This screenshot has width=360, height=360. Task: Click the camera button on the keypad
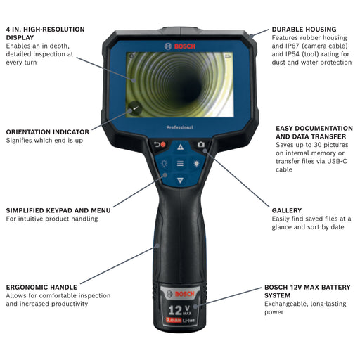201,145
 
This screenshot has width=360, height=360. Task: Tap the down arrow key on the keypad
180,180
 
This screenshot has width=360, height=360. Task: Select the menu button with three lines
180,163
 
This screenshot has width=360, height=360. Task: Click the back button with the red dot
160,145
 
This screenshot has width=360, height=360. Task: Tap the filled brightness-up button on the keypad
196,163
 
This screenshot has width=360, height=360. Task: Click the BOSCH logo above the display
180,46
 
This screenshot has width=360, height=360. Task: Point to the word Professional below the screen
180,127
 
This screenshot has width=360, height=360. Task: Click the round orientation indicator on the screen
135,108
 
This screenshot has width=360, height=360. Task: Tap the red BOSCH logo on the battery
181,294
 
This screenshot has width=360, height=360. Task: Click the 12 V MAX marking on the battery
180,310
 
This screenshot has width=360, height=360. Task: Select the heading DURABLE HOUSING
304,30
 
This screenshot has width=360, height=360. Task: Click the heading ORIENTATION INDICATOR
48,132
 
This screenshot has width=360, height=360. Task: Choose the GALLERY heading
287,210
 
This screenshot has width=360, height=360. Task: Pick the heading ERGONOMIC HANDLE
41,287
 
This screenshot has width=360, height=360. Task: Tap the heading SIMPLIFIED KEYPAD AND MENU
58,210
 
